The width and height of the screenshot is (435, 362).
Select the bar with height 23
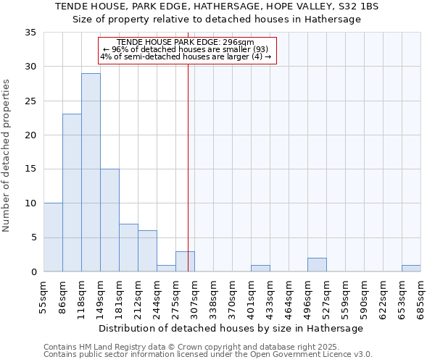[72, 193]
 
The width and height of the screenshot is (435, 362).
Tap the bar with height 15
[109, 220]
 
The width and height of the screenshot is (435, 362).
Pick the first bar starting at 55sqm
[53, 237]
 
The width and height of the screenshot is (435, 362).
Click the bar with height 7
[128, 248]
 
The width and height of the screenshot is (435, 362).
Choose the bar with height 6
[147, 251]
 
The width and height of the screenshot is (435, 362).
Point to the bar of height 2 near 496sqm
[317, 265]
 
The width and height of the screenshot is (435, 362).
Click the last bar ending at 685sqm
[411, 269]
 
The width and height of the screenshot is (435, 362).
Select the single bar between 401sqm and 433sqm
[260, 269]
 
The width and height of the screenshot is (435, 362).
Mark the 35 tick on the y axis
[31, 33]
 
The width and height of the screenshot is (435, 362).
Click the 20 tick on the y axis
[31, 135]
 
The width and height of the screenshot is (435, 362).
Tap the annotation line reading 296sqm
[187, 42]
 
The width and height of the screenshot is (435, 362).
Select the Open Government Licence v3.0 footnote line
[207, 355]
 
